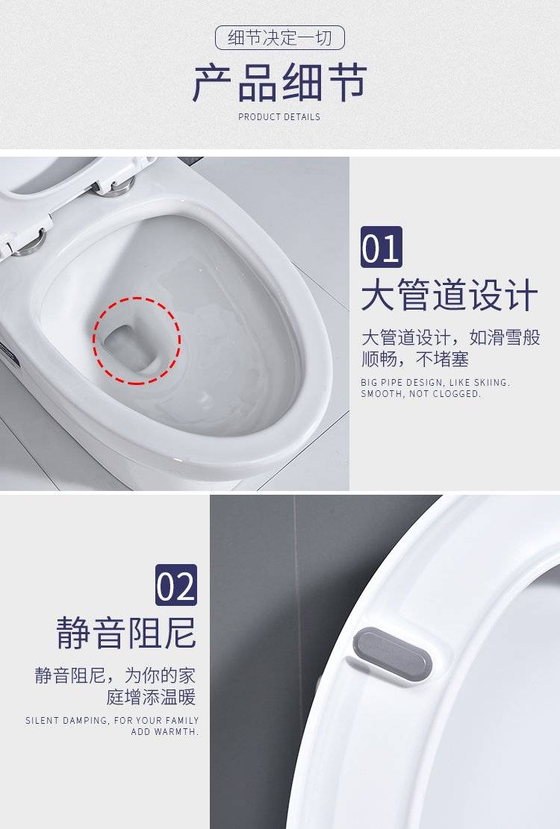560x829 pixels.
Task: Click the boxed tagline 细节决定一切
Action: click(280, 38)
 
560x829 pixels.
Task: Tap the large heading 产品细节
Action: click(280, 83)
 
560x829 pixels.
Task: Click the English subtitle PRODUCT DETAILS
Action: click(279, 117)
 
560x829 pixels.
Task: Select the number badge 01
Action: click(382, 247)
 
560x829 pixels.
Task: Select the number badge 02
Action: click(176, 585)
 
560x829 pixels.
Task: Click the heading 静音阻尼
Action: click(126, 632)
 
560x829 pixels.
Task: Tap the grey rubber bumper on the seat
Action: click(392, 654)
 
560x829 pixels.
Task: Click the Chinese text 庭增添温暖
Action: click(152, 697)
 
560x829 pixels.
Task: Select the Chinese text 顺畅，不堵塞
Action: click(415, 360)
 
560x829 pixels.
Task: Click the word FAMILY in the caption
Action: click(182, 720)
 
